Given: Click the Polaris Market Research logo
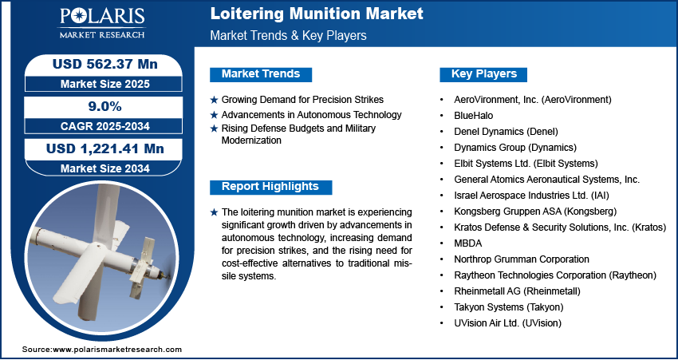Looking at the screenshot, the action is point(102,22).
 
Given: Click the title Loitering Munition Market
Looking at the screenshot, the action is point(317,14).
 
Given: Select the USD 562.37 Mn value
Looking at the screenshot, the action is point(104,64).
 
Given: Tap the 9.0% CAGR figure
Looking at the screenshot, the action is point(104,107).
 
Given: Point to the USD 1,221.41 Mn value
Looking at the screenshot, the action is point(105,148).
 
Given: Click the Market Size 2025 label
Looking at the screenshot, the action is point(104,84).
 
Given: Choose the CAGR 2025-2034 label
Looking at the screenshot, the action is point(104,126).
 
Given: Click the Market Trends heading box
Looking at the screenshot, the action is point(261,74).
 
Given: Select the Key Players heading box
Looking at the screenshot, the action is point(483,74).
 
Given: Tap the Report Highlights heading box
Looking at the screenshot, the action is point(270,187).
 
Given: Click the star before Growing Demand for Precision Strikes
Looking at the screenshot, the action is point(214,100).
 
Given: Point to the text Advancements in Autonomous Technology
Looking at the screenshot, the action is point(311,115).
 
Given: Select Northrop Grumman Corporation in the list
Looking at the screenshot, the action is point(522,259).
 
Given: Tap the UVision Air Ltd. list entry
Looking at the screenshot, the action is point(507,323).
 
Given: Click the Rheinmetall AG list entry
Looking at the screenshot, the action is point(517,291).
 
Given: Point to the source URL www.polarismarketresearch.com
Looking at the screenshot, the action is point(117,349).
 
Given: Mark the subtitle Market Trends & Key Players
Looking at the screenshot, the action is point(289,35).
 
